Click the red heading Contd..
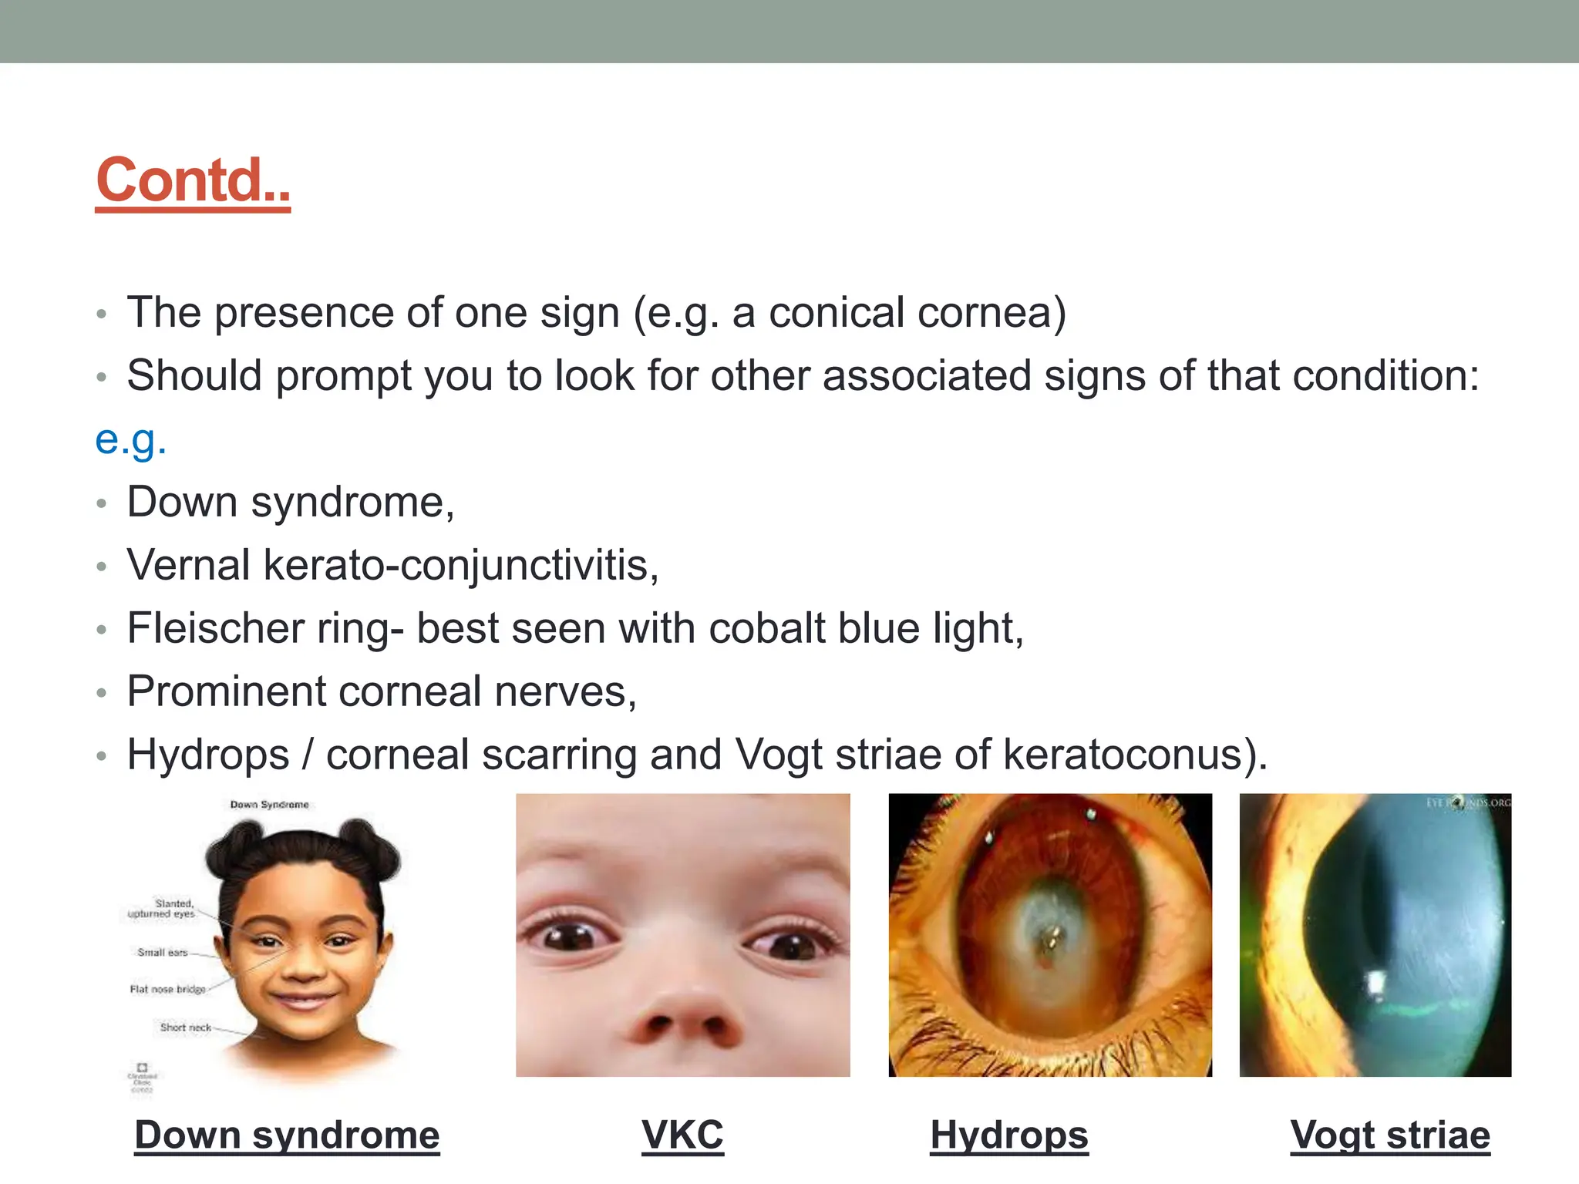(x=193, y=180)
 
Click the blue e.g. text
(x=130, y=440)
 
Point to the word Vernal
(x=189, y=565)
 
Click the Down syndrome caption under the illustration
(x=287, y=1135)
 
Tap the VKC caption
(x=682, y=1135)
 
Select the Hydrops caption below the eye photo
(x=1009, y=1135)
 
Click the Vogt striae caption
(x=1390, y=1135)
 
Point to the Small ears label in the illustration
(x=163, y=953)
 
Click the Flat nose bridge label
(x=168, y=989)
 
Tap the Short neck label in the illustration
(x=186, y=1028)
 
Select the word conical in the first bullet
(x=836, y=313)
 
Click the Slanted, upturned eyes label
(x=163, y=909)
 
